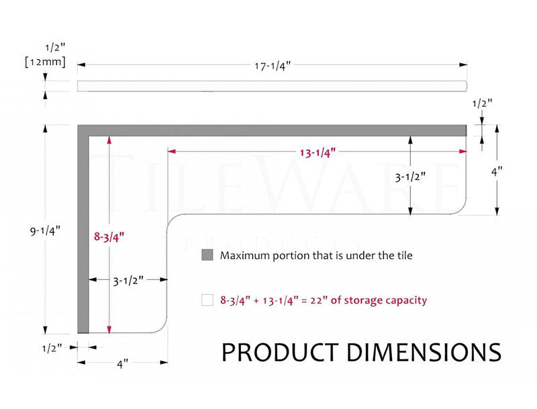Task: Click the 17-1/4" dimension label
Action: click(x=272, y=66)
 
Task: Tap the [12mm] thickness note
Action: click(x=45, y=62)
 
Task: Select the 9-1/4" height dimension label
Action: click(x=46, y=230)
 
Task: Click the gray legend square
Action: click(x=207, y=256)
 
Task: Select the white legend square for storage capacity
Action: click(x=207, y=301)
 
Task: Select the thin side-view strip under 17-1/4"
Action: click(x=272, y=85)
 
